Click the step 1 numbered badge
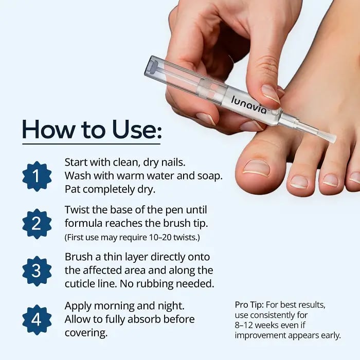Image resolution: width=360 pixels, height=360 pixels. tap(37, 176)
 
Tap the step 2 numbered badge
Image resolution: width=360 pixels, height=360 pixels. tap(37, 224)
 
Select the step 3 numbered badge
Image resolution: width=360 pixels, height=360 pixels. tap(37, 271)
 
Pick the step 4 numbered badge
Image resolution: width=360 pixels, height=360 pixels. tap(37, 319)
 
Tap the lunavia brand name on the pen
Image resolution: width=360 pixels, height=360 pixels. tap(249, 105)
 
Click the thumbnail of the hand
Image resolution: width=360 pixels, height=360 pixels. tap(271, 94)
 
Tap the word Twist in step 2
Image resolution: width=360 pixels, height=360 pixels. tap(77, 210)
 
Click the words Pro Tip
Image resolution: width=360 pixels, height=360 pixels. tap(249, 305)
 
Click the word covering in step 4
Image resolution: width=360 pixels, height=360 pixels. tap(86, 333)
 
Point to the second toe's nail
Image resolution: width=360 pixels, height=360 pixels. tap(299, 182)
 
